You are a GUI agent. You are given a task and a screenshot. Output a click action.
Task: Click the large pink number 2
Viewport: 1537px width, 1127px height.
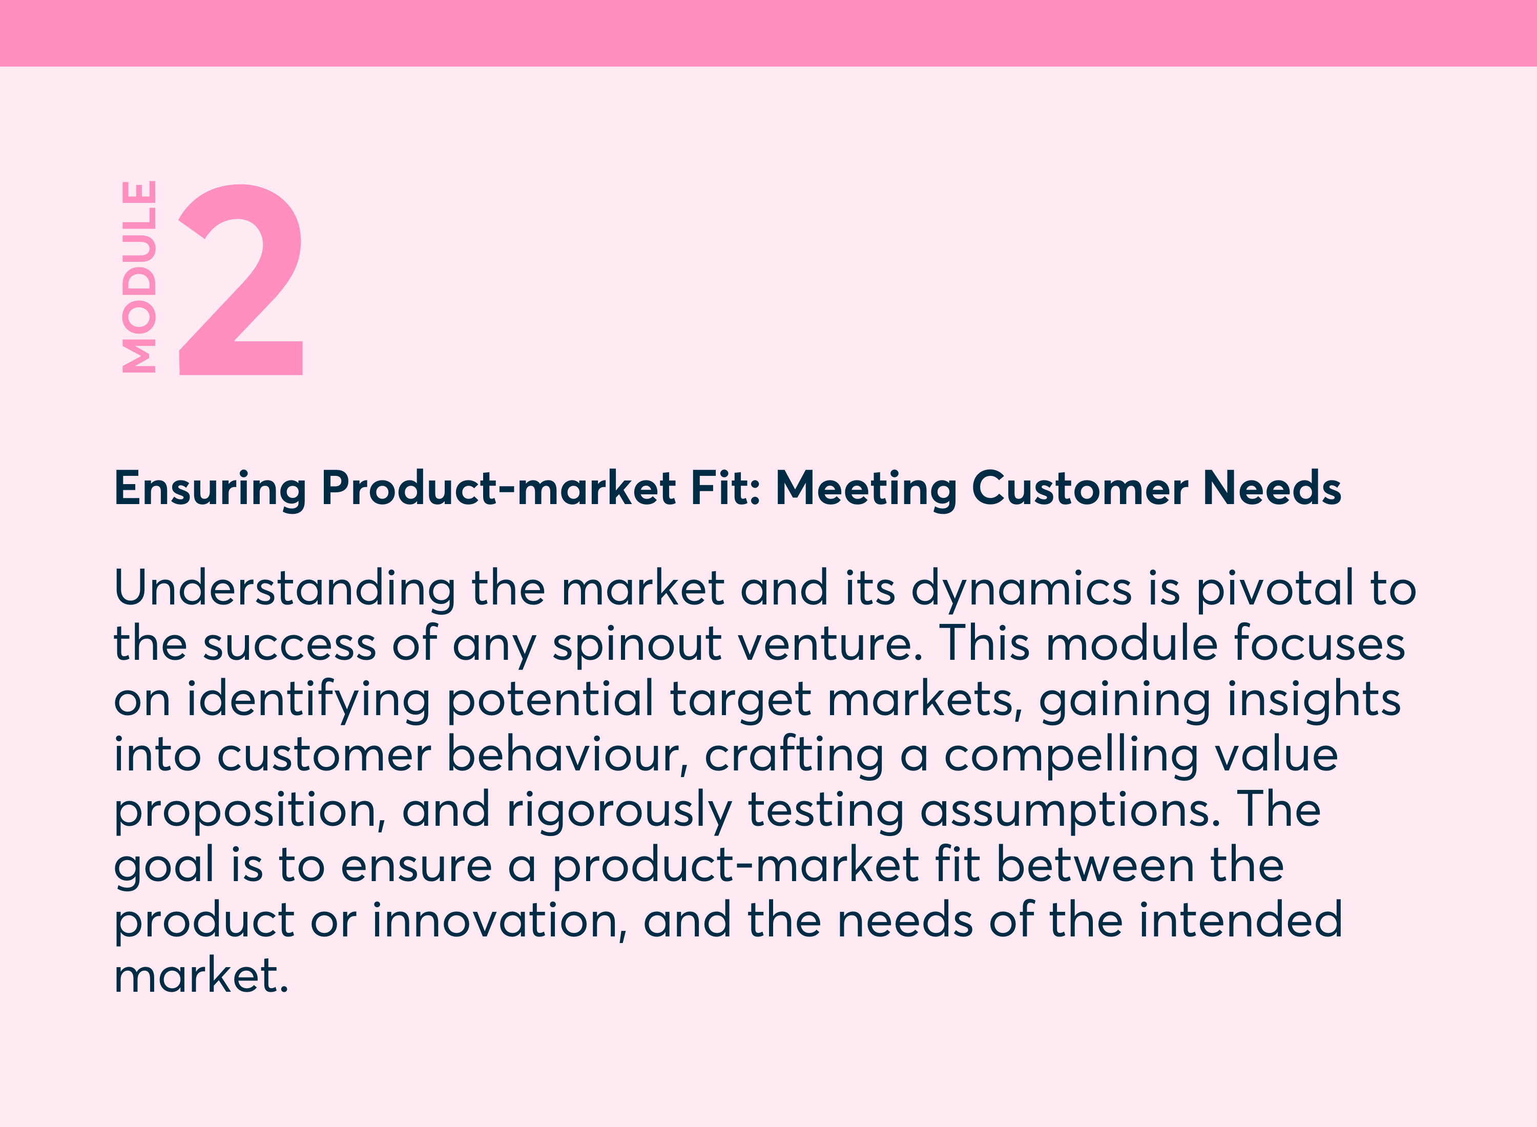[240, 280]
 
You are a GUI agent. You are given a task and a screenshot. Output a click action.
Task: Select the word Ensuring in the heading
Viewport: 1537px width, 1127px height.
[210, 489]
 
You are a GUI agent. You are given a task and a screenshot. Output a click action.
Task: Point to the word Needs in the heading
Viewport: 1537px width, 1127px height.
[1272, 489]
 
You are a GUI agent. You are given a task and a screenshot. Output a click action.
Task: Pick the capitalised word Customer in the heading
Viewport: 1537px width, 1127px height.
[1080, 489]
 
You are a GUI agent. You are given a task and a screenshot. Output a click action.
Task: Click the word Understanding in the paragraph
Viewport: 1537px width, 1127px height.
[284, 589]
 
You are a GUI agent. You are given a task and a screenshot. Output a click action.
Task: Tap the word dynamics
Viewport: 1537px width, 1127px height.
[1021, 589]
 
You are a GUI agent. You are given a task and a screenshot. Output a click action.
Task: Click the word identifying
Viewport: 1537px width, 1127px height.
[308, 700]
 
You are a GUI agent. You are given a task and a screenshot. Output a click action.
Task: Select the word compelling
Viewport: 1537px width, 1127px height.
[1071, 755]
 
